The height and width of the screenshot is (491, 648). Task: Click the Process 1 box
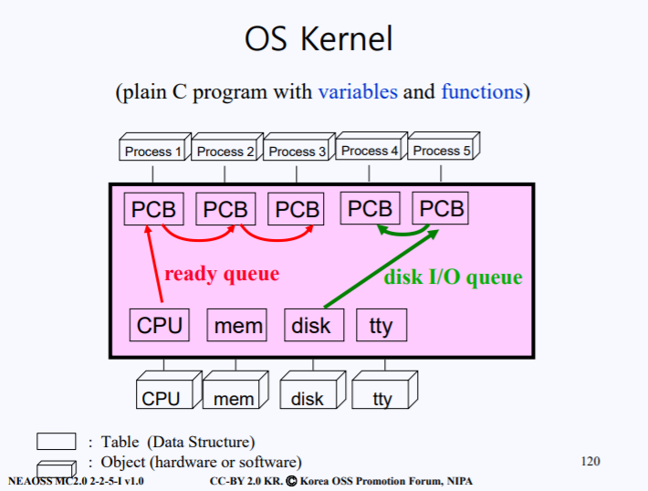[152, 151]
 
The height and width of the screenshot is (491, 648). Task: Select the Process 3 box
[297, 151]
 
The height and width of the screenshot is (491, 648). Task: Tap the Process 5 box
[442, 151]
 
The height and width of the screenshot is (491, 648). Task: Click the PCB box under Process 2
[225, 209]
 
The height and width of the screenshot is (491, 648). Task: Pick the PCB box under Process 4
[370, 209]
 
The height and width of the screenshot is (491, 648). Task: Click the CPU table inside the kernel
[160, 325]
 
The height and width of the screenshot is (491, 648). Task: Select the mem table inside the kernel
[237, 325]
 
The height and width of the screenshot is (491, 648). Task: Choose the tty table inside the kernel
[381, 325]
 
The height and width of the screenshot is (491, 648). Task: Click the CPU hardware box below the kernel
[162, 398]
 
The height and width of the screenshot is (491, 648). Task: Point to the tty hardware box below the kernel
[382, 398]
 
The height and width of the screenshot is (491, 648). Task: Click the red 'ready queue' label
[222, 274]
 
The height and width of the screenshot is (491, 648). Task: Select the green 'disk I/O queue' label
[453, 277]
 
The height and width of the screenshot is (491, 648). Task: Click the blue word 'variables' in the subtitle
[358, 92]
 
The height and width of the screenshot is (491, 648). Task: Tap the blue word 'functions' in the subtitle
[482, 92]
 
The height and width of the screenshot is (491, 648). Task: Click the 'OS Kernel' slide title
[319, 39]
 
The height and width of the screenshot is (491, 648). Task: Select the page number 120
[591, 461]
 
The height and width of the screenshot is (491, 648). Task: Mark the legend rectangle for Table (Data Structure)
[56, 442]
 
